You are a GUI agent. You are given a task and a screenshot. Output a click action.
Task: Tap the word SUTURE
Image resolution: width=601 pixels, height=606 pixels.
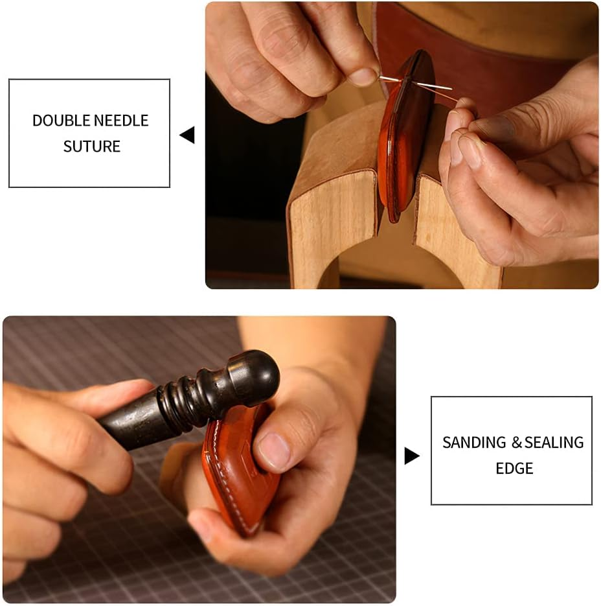click(91, 146)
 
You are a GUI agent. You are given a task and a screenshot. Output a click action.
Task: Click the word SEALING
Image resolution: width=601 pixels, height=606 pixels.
click(554, 443)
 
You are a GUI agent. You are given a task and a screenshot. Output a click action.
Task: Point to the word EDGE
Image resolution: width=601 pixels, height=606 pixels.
click(514, 469)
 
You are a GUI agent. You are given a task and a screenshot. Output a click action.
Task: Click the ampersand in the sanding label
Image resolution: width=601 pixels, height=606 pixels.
click(516, 443)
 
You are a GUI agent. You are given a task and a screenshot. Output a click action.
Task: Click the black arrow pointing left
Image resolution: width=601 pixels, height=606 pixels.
click(187, 135)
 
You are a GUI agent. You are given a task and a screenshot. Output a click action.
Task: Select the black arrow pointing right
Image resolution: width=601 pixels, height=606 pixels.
click(411, 456)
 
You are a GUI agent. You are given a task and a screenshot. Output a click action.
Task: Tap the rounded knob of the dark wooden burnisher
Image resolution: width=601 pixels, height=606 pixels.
click(255, 375)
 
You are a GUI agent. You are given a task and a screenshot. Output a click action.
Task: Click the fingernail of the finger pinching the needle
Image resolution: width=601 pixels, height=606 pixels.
click(363, 77)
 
